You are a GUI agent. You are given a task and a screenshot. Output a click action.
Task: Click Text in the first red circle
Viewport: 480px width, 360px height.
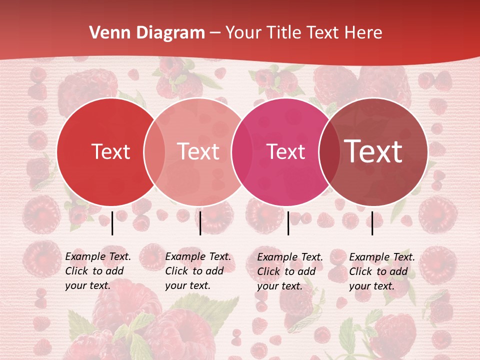[110, 152]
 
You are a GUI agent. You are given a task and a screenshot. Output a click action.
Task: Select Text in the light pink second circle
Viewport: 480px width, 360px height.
[198, 152]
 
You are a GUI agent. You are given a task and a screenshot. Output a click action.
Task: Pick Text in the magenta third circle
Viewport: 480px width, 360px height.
[286, 152]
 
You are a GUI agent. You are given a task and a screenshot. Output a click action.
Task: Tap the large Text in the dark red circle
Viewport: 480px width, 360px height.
[373, 151]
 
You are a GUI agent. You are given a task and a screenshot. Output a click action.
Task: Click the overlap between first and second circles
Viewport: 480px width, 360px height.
[154, 152]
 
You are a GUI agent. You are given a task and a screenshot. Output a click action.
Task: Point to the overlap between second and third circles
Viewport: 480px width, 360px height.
[242, 152]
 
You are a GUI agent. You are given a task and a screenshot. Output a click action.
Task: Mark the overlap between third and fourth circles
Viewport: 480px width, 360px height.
[329, 152]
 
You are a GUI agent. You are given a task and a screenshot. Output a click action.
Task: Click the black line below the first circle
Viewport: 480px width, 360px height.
[112, 223]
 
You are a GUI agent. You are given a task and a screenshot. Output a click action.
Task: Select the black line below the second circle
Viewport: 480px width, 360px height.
[200, 223]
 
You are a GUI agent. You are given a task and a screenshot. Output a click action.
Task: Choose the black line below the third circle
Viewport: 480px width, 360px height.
[288, 223]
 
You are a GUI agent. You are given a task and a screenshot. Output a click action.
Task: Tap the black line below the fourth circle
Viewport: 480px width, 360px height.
[372, 223]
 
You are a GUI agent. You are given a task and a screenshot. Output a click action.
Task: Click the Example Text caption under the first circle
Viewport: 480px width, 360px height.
[98, 271]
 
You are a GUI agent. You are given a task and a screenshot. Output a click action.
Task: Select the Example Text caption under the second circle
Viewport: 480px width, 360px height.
[198, 271]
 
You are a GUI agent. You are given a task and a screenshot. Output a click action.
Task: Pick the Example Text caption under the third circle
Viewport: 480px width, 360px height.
[290, 271]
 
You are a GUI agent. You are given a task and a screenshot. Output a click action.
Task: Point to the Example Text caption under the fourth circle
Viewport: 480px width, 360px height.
[382, 271]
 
